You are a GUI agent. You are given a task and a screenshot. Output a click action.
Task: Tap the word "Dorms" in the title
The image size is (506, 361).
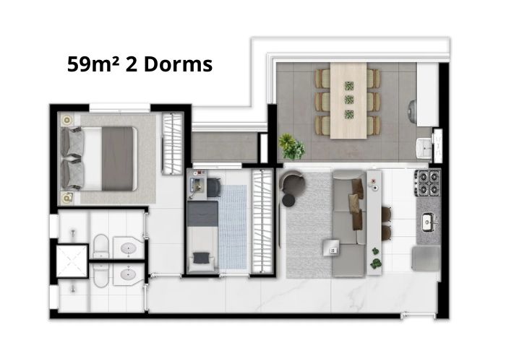coord(178,64)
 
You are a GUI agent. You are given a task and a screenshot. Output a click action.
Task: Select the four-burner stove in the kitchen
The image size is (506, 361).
coord(428,183)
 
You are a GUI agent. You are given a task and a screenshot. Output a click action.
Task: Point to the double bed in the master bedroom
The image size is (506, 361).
coord(100,158)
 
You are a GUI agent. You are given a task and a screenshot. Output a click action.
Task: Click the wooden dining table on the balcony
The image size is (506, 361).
coord(348,100)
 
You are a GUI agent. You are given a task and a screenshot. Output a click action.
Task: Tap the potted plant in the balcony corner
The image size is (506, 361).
coord(292,147)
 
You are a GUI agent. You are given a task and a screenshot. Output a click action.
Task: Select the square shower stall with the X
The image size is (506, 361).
coord(72,261)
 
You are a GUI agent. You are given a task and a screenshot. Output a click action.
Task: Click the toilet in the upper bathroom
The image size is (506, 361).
coord(100,247)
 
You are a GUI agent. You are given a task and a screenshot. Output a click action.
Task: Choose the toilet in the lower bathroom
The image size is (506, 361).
coord(100,276)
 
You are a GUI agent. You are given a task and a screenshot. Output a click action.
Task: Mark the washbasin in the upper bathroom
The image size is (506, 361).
coord(129,248)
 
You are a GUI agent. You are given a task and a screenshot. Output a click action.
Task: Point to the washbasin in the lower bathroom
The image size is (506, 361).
coord(129,274)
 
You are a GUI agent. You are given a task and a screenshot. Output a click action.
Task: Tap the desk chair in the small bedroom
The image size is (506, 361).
coord(214,188)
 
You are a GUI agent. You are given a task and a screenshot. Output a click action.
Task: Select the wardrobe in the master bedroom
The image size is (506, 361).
coord(172,144)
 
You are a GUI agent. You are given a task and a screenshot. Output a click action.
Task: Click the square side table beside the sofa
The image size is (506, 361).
coord(332,248)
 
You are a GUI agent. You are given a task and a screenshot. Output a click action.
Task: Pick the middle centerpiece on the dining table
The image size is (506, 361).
coord(349,100)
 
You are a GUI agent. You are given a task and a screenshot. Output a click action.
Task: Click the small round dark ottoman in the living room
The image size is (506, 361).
coord(288,200)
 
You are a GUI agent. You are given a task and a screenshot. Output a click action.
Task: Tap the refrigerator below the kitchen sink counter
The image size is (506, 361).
coord(426,258)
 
